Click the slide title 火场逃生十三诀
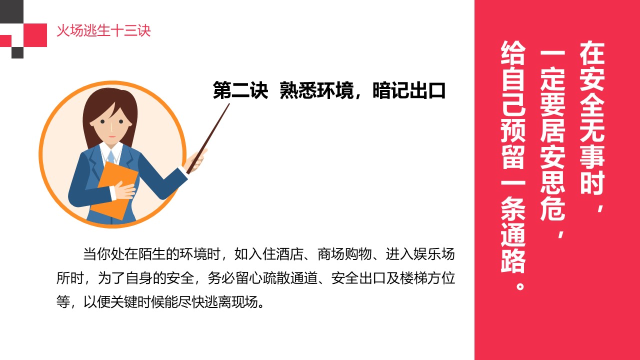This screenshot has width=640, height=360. point(103,31)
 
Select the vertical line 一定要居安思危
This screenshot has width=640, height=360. point(553,135)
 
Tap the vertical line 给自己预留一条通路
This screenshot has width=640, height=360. point(513,155)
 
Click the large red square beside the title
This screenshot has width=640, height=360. point(35,34)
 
